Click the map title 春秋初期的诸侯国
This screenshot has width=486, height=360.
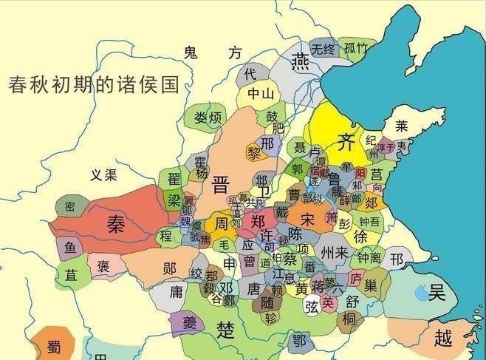[x=94, y=84]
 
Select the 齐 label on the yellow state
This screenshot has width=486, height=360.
[x=346, y=140]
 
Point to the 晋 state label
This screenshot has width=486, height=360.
[x=220, y=185]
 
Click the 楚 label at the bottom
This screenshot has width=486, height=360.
[x=225, y=326]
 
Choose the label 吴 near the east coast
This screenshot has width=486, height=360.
[x=437, y=293]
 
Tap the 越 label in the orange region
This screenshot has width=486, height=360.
[x=442, y=339]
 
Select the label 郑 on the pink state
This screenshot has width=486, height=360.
[x=258, y=221]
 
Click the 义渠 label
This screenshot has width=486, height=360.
[x=104, y=175]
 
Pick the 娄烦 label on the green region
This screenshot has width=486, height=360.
[x=208, y=118]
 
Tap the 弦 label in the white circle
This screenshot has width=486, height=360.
[x=312, y=304]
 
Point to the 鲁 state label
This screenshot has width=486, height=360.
[x=334, y=179]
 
